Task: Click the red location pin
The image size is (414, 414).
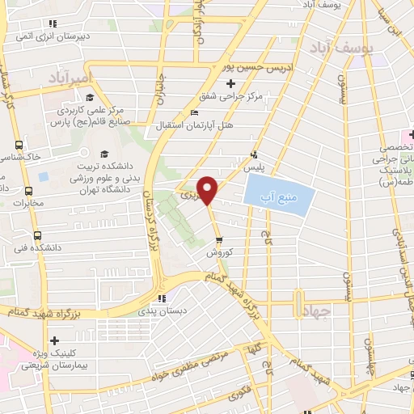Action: pos(209,190)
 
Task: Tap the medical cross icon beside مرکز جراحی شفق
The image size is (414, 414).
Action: pos(231,83)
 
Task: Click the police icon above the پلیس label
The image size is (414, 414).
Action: pos(255,154)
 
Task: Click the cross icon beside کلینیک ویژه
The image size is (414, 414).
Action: pos(54,341)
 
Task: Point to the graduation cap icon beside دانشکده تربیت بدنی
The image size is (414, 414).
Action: pos(103,154)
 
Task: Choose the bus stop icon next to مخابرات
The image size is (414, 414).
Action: pos(30,192)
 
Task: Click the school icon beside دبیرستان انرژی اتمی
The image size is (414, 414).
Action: pos(54,23)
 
